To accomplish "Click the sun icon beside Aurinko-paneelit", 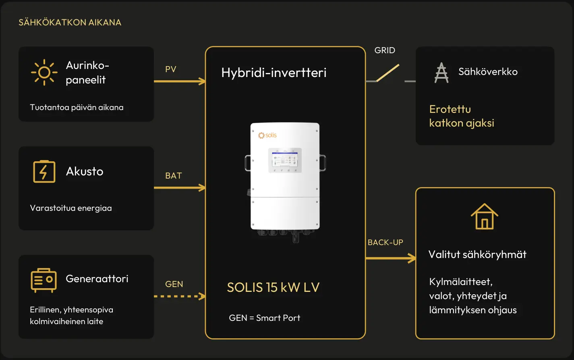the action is [x=44, y=72].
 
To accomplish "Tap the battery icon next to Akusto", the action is [x=44, y=171].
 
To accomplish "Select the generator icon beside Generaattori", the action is [x=44, y=280].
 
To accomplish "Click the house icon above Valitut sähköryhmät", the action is [x=484, y=216].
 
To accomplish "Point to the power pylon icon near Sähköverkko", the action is [x=441, y=73].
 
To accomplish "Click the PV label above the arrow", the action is [x=171, y=69].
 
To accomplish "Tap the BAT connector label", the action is [x=174, y=176].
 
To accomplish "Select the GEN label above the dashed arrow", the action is [x=174, y=284].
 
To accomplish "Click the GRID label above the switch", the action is [x=385, y=50].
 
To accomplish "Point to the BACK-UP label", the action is [x=385, y=242].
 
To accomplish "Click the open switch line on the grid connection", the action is [x=388, y=73].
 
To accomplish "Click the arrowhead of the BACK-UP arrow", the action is [x=412, y=258].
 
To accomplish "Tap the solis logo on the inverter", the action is [x=267, y=135].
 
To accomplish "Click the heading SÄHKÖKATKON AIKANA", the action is [x=70, y=23].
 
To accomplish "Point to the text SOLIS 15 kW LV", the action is [x=273, y=287].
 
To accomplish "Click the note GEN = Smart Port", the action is [x=265, y=318].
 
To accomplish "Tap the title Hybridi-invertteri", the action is [x=274, y=73].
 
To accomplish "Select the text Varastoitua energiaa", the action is [x=71, y=208].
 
